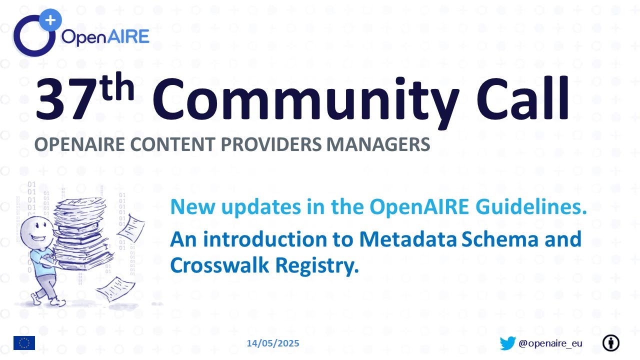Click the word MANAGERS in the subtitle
(x=378, y=144)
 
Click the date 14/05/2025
(x=273, y=343)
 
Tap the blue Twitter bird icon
(x=507, y=343)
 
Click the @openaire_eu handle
(x=550, y=343)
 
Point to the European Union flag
(x=24, y=343)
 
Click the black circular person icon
(x=610, y=343)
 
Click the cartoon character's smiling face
(x=35, y=230)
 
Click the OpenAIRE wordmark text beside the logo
(x=105, y=36)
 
